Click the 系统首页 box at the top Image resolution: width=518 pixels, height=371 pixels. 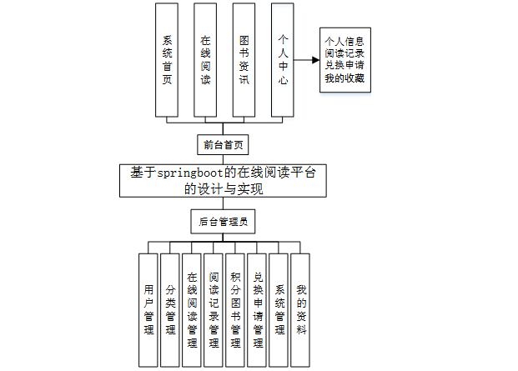pyautogui.click(x=167, y=60)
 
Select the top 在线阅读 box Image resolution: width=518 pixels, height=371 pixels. pyautogui.click(x=205, y=60)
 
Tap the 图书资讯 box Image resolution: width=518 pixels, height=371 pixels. pyautogui.click(x=244, y=60)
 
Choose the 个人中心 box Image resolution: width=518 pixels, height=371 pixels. pyautogui.click(x=283, y=60)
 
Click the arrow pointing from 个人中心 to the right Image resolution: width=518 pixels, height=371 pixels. pyautogui.click(x=309, y=61)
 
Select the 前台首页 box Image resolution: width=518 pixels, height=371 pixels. pyautogui.click(x=223, y=145)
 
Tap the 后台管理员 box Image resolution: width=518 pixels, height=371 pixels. pyautogui.click(x=223, y=223)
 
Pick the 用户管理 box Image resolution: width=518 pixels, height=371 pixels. pyautogui.click(x=148, y=309)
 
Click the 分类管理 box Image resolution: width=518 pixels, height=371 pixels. pyautogui.click(x=170, y=309)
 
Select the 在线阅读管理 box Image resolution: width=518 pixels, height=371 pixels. pyautogui.click(x=192, y=309)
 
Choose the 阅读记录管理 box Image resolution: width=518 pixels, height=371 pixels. pyautogui.click(x=214, y=309)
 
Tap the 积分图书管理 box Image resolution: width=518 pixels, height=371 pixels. pyautogui.click(x=235, y=309)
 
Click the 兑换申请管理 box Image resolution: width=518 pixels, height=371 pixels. pyautogui.click(x=257, y=309)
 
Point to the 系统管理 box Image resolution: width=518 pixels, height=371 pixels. pyautogui.click(x=279, y=309)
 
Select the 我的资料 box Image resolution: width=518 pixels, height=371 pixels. pyautogui.click(x=300, y=309)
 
